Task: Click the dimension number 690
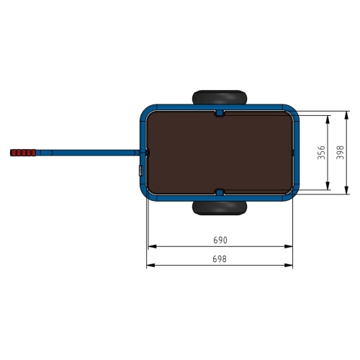[220, 240]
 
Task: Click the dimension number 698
[220, 259]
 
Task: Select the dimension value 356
[321, 153]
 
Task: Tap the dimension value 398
[340, 153]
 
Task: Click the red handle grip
[23, 153]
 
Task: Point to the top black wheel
[220, 97]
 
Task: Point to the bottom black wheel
[220, 208]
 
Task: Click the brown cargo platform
[220, 153]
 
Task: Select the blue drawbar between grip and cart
[88, 153]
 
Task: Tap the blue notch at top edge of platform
[220, 113]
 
